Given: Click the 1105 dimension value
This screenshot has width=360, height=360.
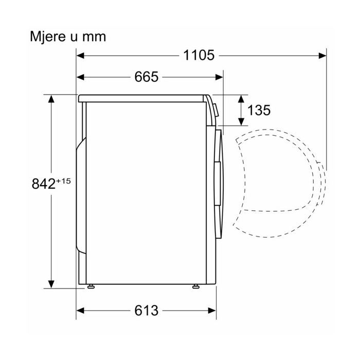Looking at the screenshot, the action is [199, 56].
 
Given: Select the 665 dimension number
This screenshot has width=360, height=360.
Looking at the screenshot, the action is [146, 77].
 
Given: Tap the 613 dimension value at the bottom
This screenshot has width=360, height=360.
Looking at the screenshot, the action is [146, 311].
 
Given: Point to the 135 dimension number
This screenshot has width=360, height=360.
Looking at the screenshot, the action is [259, 110].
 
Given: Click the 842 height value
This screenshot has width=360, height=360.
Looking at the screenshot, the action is [44, 184].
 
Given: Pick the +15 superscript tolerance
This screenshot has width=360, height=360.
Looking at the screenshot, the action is [63, 182].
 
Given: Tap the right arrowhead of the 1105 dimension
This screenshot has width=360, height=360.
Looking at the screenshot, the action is [322, 56].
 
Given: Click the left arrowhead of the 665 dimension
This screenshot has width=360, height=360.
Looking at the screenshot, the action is [80, 77].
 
